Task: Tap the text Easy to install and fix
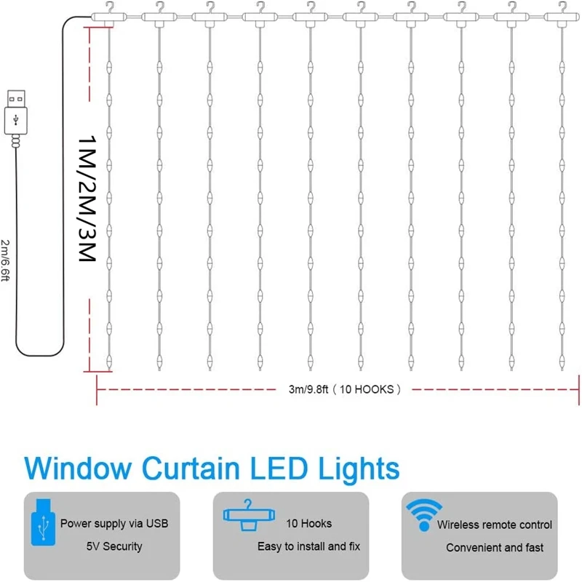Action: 308,546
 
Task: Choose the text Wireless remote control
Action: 494,525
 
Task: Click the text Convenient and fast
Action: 495,547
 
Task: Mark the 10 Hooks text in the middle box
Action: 310,523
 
